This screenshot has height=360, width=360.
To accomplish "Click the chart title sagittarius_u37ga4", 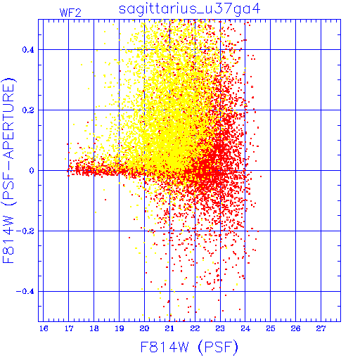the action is coord(189,9).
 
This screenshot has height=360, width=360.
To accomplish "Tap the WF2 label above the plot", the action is coord(70,13).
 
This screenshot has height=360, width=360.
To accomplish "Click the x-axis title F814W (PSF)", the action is coord(189,347).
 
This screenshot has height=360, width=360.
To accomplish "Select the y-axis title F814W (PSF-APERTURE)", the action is coord(8,170).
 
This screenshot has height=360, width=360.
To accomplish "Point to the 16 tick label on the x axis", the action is coord(44,328).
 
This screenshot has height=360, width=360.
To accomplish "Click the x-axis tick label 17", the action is coord(69,328).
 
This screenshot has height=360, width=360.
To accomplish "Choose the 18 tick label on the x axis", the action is coord(94,328).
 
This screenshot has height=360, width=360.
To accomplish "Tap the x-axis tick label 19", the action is coord(120,328).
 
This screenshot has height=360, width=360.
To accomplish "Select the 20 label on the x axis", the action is coord(144,328).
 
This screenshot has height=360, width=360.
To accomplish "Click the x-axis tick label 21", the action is coord(169,328).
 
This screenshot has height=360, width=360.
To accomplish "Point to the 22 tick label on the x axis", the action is coord(195,328).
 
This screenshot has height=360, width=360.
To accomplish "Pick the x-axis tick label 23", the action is coord(220,328).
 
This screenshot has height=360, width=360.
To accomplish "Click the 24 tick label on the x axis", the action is coord(245,328).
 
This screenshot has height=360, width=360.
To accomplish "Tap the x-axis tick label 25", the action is coord(271,328).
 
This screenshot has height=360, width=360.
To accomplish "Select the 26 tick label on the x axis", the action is coord(296,328).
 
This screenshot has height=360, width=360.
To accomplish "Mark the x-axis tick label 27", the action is coord(321,328).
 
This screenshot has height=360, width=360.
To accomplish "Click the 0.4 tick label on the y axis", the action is coord(28,50).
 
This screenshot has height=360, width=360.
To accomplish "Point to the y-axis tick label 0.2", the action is coord(28,110).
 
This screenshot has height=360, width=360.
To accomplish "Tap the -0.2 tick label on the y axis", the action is coord(25,231).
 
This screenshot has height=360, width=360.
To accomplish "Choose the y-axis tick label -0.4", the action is coord(25,292).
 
